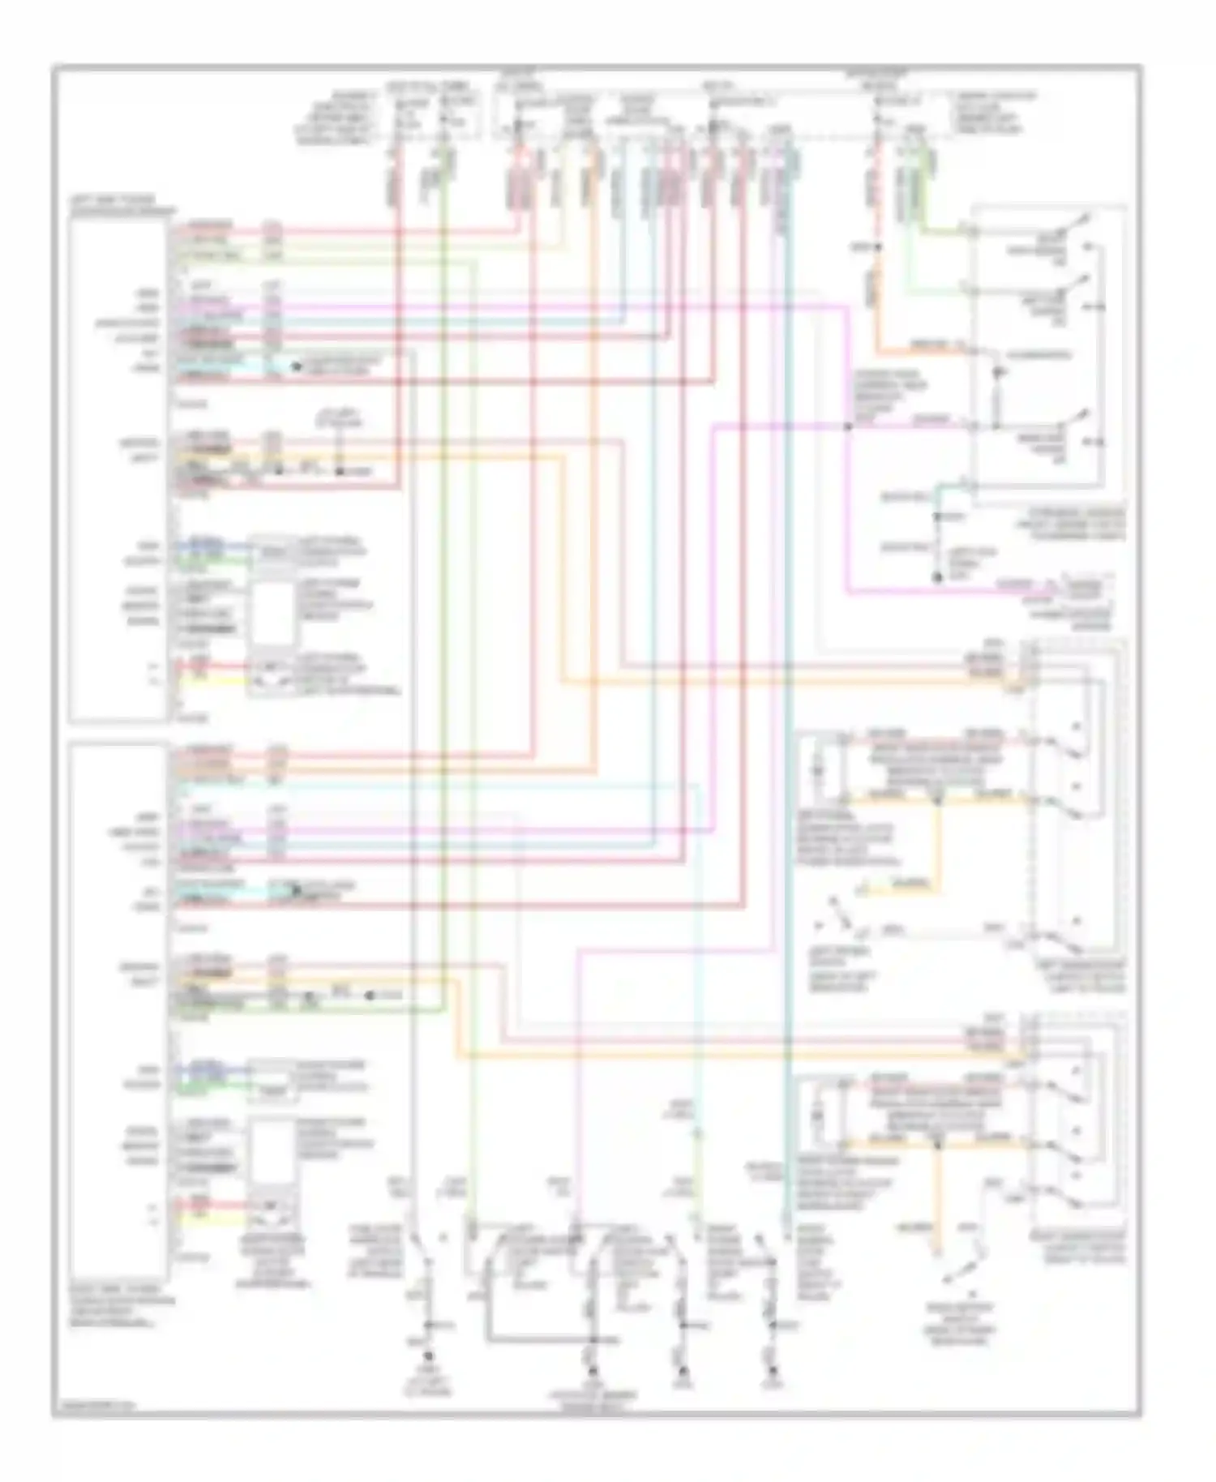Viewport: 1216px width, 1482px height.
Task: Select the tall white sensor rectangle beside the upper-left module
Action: [x=274, y=607]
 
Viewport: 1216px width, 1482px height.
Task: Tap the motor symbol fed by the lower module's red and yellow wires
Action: [x=272, y=1214]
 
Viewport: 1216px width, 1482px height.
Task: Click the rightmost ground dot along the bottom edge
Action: [x=771, y=1370]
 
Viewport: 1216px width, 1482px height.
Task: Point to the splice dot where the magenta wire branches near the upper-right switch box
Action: [x=848, y=426]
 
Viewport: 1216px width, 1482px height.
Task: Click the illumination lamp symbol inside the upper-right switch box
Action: [x=996, y=372]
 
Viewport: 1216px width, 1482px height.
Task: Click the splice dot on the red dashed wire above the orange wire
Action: [x=876, y=246]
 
